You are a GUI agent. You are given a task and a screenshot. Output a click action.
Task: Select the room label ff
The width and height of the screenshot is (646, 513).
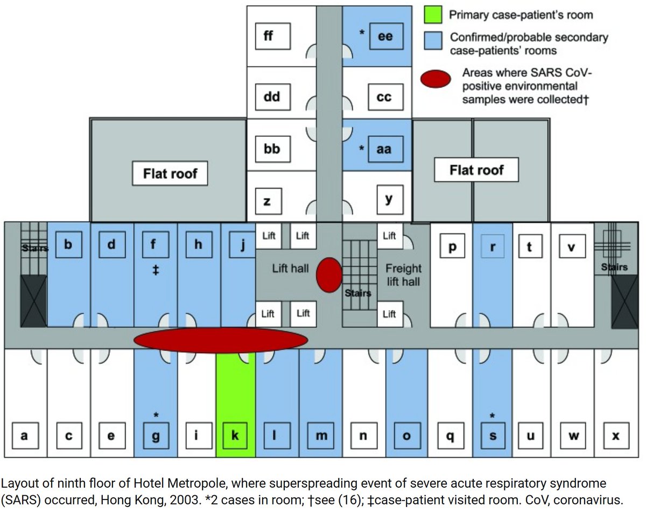268,37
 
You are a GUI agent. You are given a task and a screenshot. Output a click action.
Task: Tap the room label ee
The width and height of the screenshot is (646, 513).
385,37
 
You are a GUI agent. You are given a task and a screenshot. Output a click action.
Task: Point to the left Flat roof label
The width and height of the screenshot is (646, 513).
170,173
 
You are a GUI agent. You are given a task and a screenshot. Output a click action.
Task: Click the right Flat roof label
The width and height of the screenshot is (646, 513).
476,170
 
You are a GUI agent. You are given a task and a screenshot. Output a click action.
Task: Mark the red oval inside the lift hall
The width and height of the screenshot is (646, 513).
328,275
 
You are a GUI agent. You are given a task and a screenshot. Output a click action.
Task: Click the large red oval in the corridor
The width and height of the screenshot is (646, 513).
221,340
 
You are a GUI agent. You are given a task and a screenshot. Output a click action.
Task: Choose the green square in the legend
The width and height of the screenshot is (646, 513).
433,14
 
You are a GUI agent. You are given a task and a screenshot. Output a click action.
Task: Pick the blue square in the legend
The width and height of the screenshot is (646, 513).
433,39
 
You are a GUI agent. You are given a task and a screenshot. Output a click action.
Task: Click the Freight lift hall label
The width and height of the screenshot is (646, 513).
403,275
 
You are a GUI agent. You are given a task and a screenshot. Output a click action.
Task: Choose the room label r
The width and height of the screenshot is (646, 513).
493,247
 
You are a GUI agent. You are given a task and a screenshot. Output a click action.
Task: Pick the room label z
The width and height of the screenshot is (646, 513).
267,202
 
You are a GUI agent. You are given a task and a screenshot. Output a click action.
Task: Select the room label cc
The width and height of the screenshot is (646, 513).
384,97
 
